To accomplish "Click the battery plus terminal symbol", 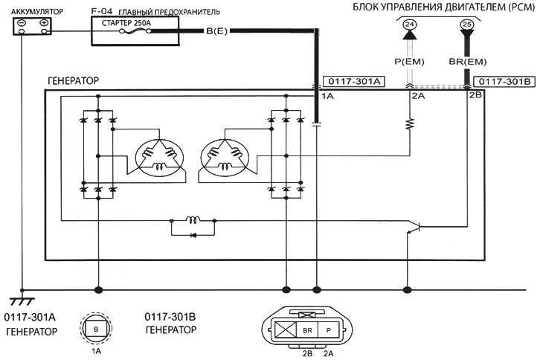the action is [x=44, y=23].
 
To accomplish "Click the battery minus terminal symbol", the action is [x=21, y=23].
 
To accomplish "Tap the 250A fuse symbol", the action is [x=135, y=31].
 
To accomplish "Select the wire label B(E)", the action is [x=216, y=31].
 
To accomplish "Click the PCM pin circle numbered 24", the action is [x=410, y=25].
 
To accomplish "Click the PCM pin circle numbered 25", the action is [x=467, y=25].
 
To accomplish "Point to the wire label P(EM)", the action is [x=409, y=62].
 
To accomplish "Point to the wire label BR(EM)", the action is [x=468, y=62].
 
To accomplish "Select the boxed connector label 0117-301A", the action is [x=354, y=82].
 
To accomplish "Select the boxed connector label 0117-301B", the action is [x=504, y=82].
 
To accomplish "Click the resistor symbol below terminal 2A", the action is [x=410, y=123].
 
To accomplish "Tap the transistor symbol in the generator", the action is [x=414, y=227].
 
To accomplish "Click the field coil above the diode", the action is [x=193, y=219].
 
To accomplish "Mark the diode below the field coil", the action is [x=193, y=235].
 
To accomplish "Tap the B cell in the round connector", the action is [x=96, y=330].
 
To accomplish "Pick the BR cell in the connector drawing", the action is [x=307, y=330].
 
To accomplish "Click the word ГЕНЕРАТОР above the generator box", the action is [x=73, y=81].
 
